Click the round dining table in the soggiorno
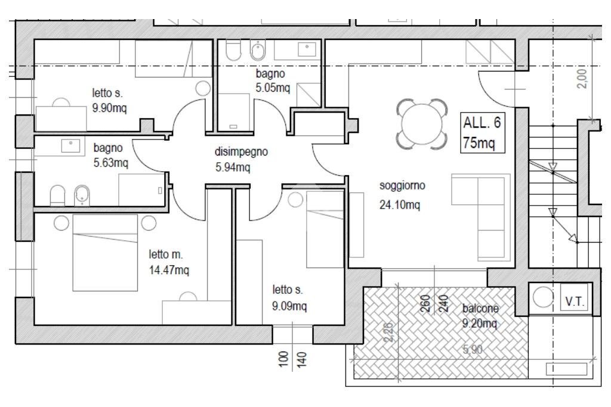pyautogui.click(x=422, y=124)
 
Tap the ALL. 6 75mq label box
pyautogui.click(x=482, y=133)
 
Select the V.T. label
pyautogui.click(x=575, y=301)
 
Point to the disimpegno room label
pyautogui.click(x=241, y=151)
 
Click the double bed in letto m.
pyautogui.click(x=105, y=253)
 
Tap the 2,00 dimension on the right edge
pyautogui.click(x=581, y=79)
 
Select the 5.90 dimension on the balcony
pyautogui.click(x=473, y=349)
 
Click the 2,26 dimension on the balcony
pyautogui.click(x=389, y=333)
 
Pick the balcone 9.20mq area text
pyautogui.click(x=480, y=316)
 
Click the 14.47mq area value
pyautogui.click(x=169, y=270)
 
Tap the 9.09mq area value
pyautogui.click(x=289, y=306)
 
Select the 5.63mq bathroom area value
pyautogui.click(x=110, y=162)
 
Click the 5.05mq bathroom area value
pyautogui.click(x=273, y=88)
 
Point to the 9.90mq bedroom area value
pyautogui.click(x=110, y=107)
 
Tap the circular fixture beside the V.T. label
pyautogui.click(x=542, y=297)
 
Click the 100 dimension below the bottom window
pyautogui.click(x=283, y=358)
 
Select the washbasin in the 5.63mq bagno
pyautogui.click(x=71, y=146)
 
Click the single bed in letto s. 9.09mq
pyautogui.click(x=325, y=229)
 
